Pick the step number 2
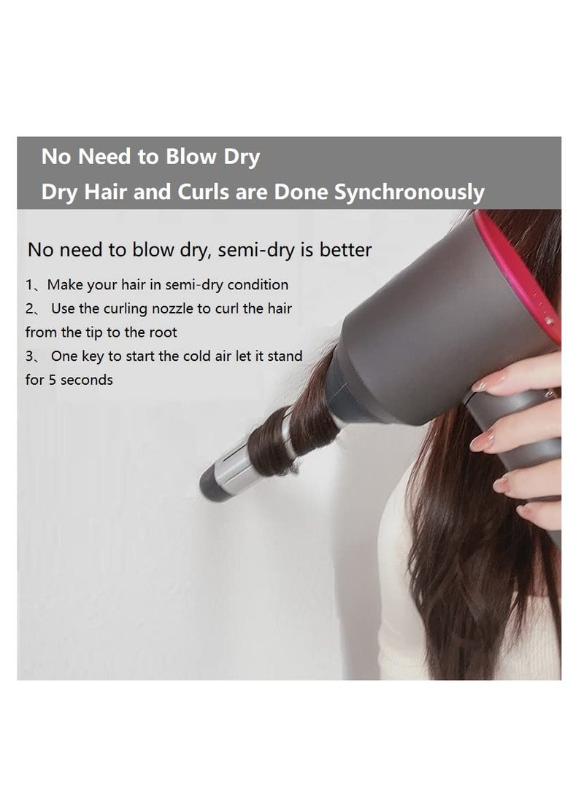tap(28, 309)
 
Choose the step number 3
tap(28, 356)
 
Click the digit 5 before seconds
tap(52, 381)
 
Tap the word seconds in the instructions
tap(87, 381)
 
